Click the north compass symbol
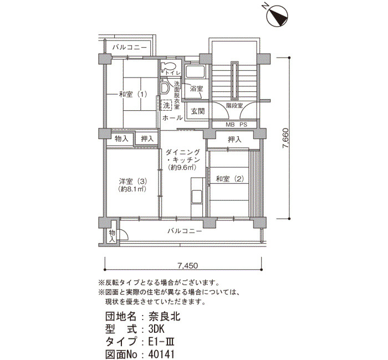pyautogui.click(x=277, y=16)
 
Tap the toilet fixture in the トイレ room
pyautogui.click(x=168, y=66)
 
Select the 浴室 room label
pyautogui.click(x=197, y=89)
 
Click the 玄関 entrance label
pyautogui.click(x=198, y=111)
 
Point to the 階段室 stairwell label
pyautogui.click(x=234, y=106)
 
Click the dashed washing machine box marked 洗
pyautogui.click(x=166, y=106)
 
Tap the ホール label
pyautogui.click(x=172, y=117)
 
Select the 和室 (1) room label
pyautogui.click(x=133, y=94)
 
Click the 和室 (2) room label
pyautogui.click(x=230, y=178)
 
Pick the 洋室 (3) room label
pyautogui.click(x=133, y=181)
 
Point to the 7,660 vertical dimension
pyautogui.click(x=285, y=138)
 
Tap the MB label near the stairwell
pyautogui.click(x=229, y=125)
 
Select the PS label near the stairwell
pyautogui.click(x=243, y=125)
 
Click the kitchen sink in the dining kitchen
pyautogui.click(x=197, y=197)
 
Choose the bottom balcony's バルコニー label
pyautogui.click(x=185, y=231)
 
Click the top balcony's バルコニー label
pyautogui.click(x=130, y=47)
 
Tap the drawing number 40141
pyautogui.click(x=161, y=354)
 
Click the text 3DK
pyautogui.click(x=156, y=329)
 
